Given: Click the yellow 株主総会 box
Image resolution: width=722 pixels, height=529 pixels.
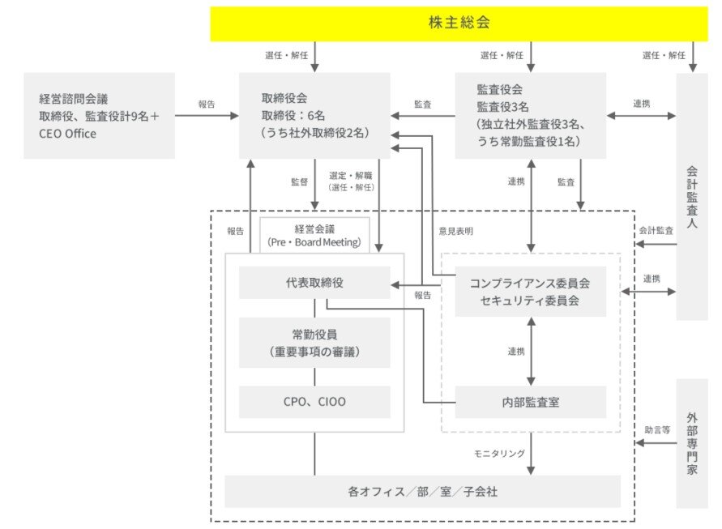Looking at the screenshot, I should [x=459, y=23].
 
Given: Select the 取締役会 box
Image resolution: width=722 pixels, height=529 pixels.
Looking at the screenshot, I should [x=314, y=115].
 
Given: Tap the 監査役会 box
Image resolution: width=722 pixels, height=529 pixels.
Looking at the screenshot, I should [x=530, y=115].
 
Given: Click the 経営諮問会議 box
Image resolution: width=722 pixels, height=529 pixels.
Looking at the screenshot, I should [x=100, y=115].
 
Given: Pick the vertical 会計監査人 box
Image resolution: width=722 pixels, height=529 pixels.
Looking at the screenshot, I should [x=691, y=196].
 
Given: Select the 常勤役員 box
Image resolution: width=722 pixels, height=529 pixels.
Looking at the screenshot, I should [x=314, y=343].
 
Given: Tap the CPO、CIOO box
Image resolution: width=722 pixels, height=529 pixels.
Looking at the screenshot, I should [x=314, y=401].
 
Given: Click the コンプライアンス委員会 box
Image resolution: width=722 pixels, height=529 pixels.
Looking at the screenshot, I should [x=530, y=292].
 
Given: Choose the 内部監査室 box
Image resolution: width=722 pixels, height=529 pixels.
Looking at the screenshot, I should [x=530, y=401].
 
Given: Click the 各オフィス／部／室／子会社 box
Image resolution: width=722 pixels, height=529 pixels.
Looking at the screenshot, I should [x=421, y=491].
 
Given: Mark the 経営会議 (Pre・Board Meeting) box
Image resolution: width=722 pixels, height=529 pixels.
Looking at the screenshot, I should [x=314, y=234].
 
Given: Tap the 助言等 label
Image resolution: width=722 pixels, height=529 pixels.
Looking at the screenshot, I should [x=657, y=430].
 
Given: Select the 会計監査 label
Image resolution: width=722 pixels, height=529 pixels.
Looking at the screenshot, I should [x=656, y=231].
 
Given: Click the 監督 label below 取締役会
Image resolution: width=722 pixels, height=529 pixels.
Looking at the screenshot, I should [x=300, y=181].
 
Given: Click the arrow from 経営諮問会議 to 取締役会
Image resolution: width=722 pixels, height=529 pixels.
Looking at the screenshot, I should [x=207, y=116].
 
